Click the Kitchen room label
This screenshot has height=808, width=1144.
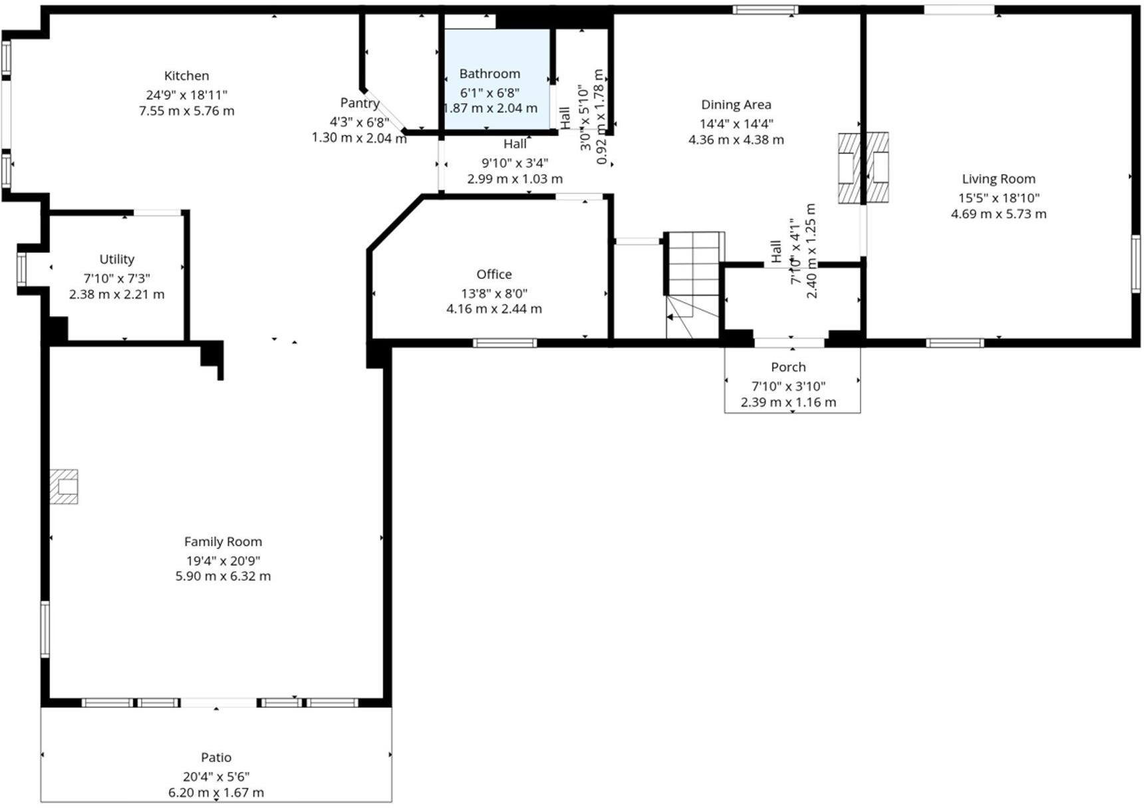click(x=186, y=76)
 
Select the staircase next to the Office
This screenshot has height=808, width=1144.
click(x=693, y=285)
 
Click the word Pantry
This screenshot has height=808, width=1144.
click(x=360, y=103)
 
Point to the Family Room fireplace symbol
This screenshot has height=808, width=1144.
click(x=64, y=487)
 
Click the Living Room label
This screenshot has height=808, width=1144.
click(x=998, y=179)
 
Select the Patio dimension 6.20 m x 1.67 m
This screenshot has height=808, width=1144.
click(x=216, y=793)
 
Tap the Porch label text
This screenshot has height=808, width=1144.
click(x=788, y=367)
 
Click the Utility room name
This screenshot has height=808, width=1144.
click(x=117, y=260)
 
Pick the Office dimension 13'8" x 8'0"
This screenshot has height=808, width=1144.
click(x=494, y=294)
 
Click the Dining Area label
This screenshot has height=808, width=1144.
click(x=736, y=104)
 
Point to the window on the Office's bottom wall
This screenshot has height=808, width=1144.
click(x=505, y=343)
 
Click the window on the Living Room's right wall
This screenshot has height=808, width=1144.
click(x=1136, y=264)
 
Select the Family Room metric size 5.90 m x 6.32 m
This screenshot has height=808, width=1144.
click(x=223, y=576)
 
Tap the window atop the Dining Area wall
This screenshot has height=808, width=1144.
click(x=766, y=9)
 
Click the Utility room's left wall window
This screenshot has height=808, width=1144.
click(x=21, y=270)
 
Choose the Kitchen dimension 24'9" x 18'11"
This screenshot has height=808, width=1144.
click(x=186, y=95)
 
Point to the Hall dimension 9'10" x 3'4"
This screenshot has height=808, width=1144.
click(x=515, y=163)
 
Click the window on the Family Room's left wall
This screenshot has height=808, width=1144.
click(x=45, y=630)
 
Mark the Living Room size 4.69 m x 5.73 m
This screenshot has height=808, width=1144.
click(x=998, y=214)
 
